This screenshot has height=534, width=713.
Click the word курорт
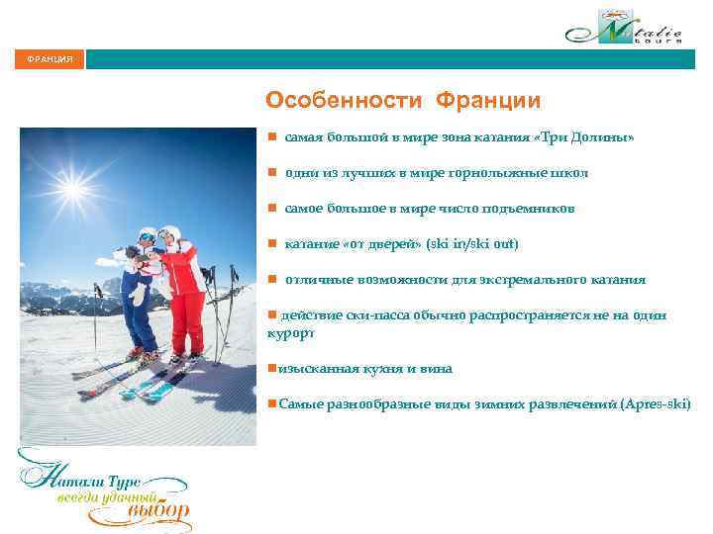tap(291, 334)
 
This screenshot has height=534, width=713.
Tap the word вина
tap(438, 369)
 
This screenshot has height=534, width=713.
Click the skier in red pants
tap(184, 292)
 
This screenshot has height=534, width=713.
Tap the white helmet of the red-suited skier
tap(170, 234)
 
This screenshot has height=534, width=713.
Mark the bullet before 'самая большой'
tap(271, 137)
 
